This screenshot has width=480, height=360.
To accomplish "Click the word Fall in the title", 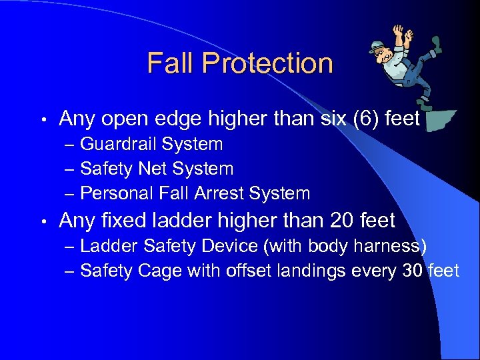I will (x=170, y=63).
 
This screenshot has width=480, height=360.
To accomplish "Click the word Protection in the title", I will (x=267, y=63).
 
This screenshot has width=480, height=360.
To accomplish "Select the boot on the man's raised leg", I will (x=437, y=45).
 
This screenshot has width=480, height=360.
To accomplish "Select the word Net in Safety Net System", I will (x=151, y=169).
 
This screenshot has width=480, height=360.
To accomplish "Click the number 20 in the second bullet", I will (x=342, y=220).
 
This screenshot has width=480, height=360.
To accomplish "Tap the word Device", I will (x=229, y=246).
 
